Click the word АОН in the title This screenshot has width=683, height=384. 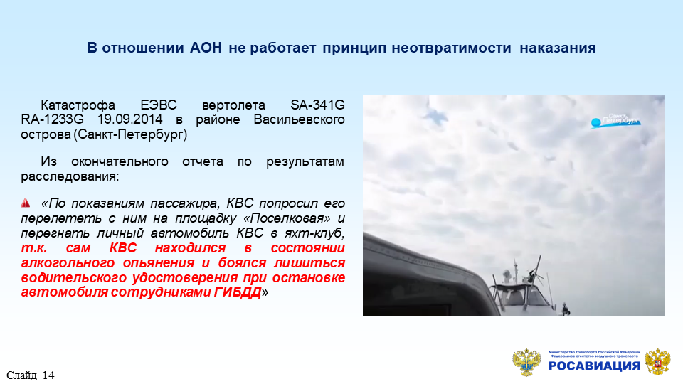[206, 48]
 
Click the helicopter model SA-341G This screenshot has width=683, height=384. [317, 105]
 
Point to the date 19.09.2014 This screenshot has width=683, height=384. [129, 119]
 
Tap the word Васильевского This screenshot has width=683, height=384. [300, 119]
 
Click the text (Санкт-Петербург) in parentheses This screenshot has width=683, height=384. [130, 134]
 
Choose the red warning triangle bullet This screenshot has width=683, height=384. [26, 203]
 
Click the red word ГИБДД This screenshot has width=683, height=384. [238, 292]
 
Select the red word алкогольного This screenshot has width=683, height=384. [68, 262]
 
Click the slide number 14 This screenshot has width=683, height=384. [49, 375]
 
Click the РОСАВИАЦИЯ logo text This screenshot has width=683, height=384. [594, 366]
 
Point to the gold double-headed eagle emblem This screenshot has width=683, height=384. [526, 362]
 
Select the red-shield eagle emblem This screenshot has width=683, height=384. [657, 362]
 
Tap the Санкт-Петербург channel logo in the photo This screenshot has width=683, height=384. [615, 121]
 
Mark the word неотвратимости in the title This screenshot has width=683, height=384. [451, 48]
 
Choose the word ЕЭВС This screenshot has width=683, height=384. [159, 105]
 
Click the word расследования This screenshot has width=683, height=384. [70, 176]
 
